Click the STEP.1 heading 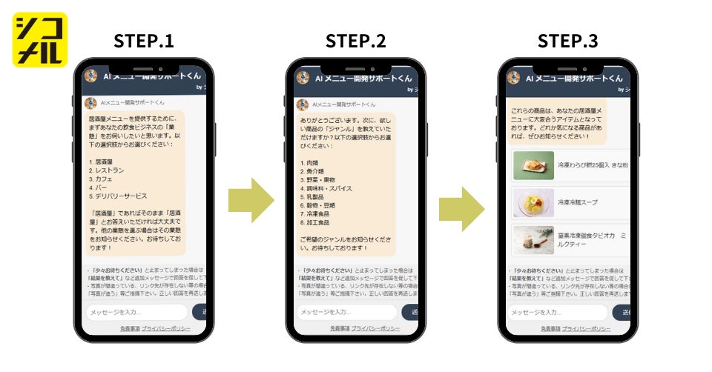144,41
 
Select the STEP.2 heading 355,41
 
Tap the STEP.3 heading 567,41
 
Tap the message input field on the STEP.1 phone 136,313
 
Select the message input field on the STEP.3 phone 558,313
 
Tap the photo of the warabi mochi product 533,165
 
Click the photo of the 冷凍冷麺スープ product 533,202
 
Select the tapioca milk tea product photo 533,240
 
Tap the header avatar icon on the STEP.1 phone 91,76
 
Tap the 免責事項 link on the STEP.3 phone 550,328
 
